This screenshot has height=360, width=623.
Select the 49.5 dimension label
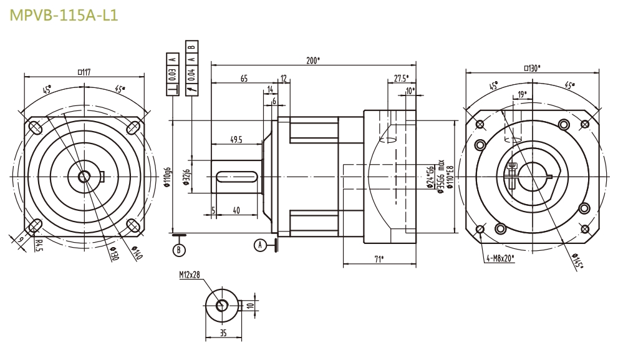(235, 140)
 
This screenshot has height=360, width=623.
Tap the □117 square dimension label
(84, 72)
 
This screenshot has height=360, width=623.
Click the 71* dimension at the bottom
(379, 259)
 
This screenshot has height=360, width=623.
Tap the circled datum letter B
(179, 250)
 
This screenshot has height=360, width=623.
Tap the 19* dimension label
(522, 94)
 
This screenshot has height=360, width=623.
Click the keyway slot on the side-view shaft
(238, 177)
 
